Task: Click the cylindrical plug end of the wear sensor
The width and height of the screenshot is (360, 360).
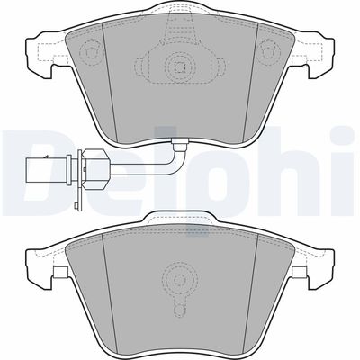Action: click(48, 170)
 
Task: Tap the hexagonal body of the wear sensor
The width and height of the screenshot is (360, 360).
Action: click(94, 169)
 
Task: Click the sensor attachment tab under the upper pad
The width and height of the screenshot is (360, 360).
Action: click(179, 143)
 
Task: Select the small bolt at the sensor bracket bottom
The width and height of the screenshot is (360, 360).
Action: click(76, 205)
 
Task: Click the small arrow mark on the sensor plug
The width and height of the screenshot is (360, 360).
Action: click(46, 156)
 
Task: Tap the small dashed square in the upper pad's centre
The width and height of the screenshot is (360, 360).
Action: click(179, 67)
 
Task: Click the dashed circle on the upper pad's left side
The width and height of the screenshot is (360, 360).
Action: click(90, 51)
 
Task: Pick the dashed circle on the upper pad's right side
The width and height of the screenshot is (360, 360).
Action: click(269, 51)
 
